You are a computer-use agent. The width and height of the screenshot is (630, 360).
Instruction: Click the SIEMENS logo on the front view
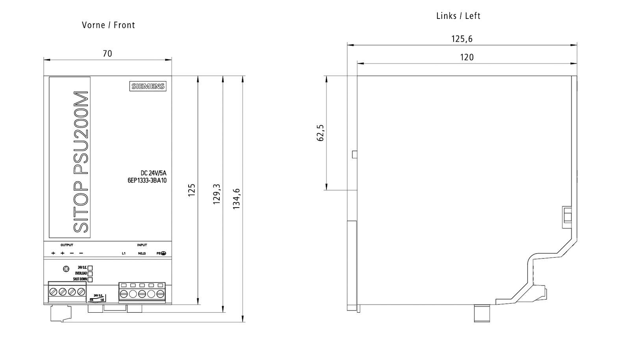point(148,86)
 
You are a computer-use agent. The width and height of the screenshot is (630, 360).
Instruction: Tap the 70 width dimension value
point(107,54)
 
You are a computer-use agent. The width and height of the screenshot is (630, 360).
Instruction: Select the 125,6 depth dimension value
point(461,39)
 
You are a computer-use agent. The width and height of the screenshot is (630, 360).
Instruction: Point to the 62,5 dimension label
point(321,133)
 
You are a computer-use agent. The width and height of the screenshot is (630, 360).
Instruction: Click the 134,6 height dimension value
point(236,199)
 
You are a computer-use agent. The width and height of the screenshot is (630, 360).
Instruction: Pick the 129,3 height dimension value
point(217,194)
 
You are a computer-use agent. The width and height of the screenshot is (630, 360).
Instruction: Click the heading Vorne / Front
point(108,25)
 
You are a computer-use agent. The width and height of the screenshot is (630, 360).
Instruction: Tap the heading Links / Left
point(458,16)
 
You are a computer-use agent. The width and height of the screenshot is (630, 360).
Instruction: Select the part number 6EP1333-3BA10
point(144,181)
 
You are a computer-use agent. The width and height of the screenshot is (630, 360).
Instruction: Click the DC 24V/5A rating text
point(154,173)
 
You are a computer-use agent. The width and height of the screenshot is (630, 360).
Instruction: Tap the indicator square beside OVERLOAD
point(90,273)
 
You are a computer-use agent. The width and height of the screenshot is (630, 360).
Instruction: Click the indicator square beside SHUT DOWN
point(90,279)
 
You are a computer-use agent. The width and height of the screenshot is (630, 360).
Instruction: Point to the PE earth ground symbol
point(163,253)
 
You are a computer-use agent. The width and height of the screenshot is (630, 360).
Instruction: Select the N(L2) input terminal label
point(142,253)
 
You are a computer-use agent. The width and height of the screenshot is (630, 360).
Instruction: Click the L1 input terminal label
point(124,253)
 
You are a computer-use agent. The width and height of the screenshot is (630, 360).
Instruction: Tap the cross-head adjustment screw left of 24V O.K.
point(66,269)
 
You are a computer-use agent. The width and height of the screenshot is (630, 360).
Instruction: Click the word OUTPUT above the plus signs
point(67,245)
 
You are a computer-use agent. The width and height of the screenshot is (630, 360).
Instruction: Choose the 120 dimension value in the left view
point(467,58)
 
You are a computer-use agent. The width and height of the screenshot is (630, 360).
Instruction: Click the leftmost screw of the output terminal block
point(53,292)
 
